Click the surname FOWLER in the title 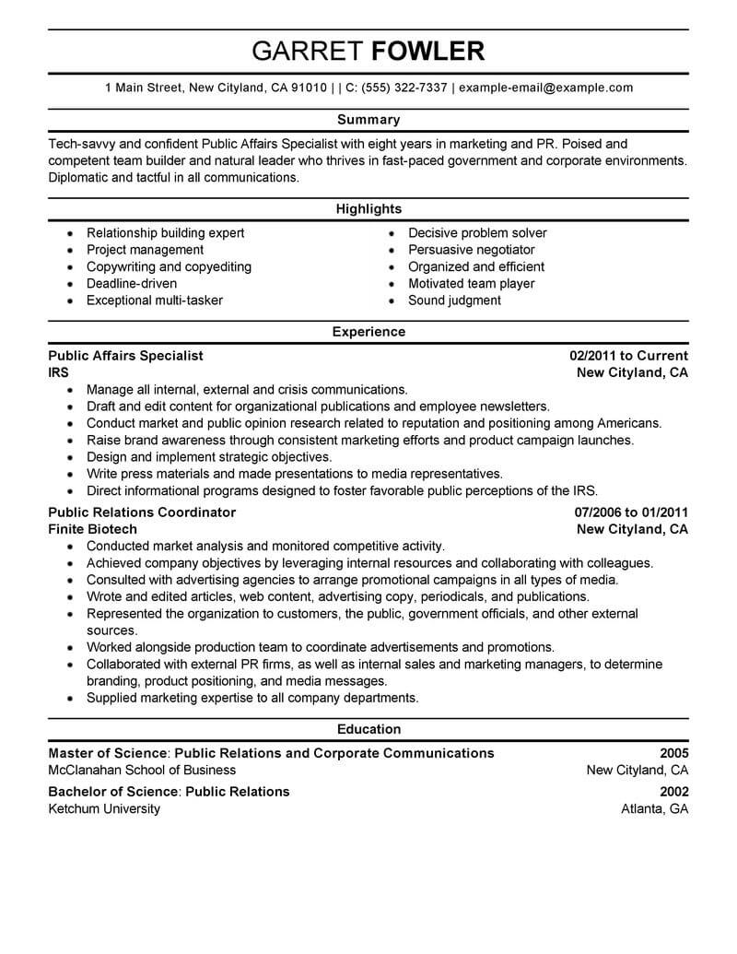tap(428, 51)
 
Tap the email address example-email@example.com tap(545, 88)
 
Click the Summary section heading tap(368, 120)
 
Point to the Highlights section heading tap(368, 209)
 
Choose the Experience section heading tap(368, 332)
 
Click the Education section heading tap(368, 729)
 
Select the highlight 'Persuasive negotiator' tap(471, 250)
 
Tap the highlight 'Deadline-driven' tap(132, 284)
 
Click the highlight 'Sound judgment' tap(454, 300)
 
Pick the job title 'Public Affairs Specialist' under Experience tap(125, 356)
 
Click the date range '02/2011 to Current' tap(628, 356)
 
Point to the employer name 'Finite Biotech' tap(92, 530)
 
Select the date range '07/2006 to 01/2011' tap(631, 512)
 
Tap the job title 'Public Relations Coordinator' tap(142, 512)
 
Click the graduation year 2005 tap(673, 753)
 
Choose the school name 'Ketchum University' tap(104, 809)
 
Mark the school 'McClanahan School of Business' tap(142, 771)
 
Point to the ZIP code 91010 tap(309, 88)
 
